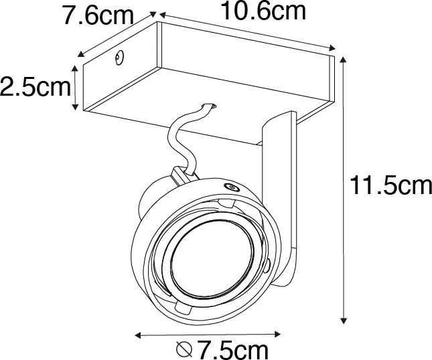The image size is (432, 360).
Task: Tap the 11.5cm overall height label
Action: [390, 185]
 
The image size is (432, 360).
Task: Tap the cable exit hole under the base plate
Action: [208, 106]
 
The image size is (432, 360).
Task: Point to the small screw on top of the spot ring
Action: [231, 187]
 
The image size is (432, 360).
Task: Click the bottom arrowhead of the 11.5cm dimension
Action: [344, 320]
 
